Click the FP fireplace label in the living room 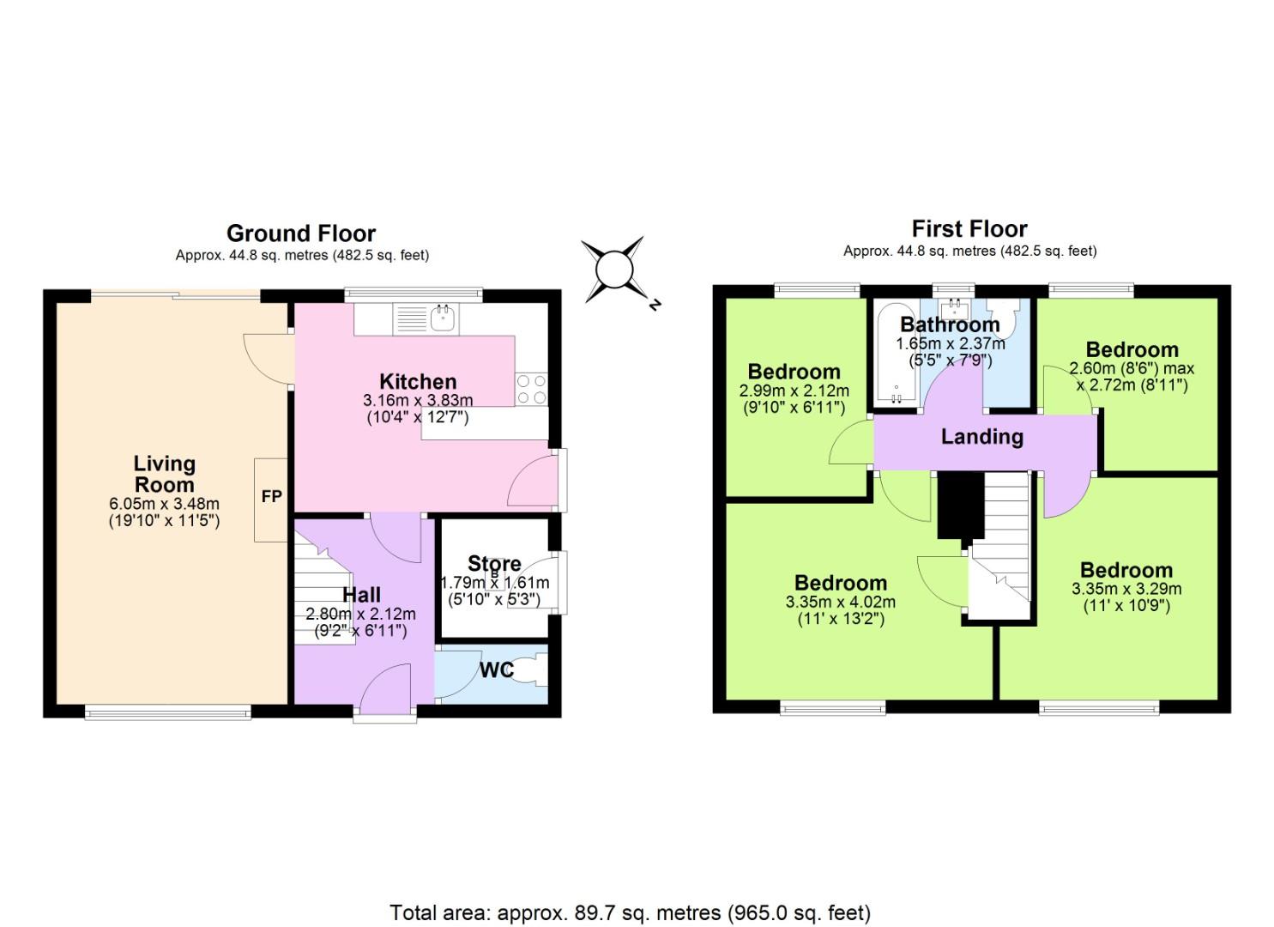pos(271,497)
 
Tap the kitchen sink pos(444,319)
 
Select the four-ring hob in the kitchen pos(531,389)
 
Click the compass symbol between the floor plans pos(614,270)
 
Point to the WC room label pos(497,669)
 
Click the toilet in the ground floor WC pos(536,670)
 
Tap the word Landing pos(981,437)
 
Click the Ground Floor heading pos(301,233)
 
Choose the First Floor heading pos(969,229)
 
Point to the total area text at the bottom pos(630,912)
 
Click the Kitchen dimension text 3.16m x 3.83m pos(418,401)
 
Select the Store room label pos(494,564)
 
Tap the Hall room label pos(361,595)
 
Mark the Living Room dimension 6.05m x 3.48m pos(164,504)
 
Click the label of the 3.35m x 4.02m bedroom pos(841,583)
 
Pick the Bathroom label pos(950,324)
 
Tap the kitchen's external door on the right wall pos(534,482)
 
